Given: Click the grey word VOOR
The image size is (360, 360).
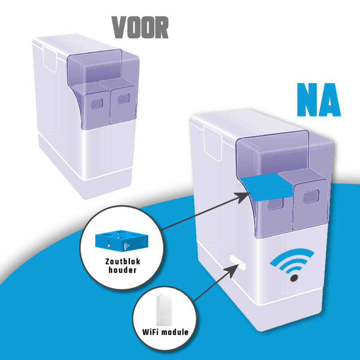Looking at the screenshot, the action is [x=140, y=27].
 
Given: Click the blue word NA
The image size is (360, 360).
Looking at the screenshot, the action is [x=319, y=99].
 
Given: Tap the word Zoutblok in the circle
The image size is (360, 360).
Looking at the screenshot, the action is [x=122, y=261].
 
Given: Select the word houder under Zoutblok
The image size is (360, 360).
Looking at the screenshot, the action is [x=122, y=270].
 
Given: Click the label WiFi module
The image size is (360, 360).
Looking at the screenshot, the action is [x=165, y=332].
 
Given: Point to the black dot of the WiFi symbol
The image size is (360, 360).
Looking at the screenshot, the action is [x=294, y=278].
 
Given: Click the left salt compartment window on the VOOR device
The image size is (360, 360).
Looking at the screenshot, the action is [x=97, y=104].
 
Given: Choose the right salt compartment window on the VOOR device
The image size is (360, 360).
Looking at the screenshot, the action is [x=123, y=99].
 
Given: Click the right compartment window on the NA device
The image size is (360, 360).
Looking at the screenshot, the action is [x=311, y=197].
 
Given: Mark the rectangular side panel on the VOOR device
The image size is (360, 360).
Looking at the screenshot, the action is [x=50, y=59].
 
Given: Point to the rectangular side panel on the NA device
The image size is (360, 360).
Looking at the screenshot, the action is [x=212, y=143].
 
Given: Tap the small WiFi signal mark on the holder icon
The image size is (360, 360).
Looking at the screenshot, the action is [x=127, y=246].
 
